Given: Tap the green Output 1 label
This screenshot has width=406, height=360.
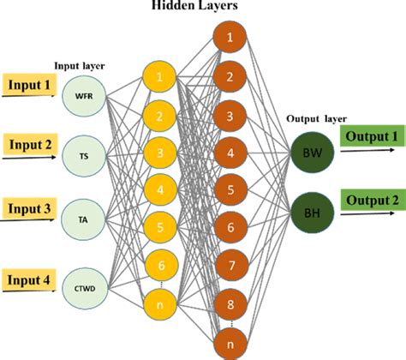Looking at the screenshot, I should (x=372, y=137).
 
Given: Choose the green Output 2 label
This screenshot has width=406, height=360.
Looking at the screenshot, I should (x=372, y=199).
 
